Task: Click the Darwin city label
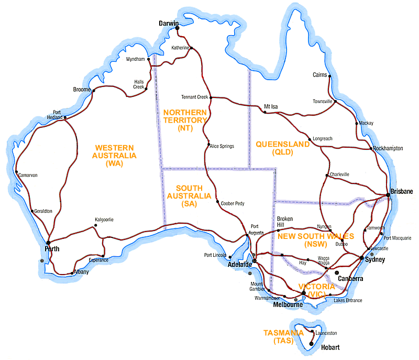(169, 24)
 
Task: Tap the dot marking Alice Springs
(209, 145)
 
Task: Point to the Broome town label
(82, 90)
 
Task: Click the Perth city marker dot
(48, 243)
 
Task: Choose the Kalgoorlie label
(104, 220)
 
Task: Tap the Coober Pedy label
(233, 203)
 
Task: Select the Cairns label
(319, 75)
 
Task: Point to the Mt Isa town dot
(261, 109)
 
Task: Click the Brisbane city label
(402, 191)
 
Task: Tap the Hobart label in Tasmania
(330, 347)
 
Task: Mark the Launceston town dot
(312, 331)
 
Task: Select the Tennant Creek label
(194, 97)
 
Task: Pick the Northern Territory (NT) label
(185, 120)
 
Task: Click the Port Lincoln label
(215, 256)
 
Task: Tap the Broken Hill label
(285, 222)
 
